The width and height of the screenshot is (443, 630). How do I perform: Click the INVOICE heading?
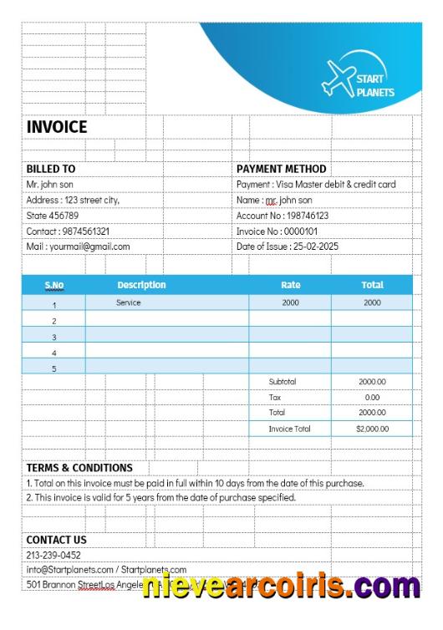coord(57,127)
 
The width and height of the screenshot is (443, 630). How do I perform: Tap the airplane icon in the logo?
coord(339,77)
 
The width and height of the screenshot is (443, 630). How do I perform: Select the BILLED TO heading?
coord(51,169)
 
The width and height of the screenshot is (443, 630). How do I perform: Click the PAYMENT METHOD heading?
coord(282,169)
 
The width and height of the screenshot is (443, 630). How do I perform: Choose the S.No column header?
coord(53,285)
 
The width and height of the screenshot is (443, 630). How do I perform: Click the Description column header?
coord(141,285)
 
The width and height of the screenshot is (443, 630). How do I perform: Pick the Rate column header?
coord(290,285)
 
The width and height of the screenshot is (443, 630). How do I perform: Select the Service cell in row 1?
coord(129,302)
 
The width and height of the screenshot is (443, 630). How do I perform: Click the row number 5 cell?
coord(54,368)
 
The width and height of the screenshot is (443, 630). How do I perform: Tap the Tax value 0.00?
coord(372,397)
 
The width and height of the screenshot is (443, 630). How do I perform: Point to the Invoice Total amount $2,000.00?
coord(372,429)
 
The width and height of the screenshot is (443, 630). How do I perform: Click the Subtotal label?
coord(283,382)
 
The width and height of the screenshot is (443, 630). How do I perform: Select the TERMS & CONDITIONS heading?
coord(79,468)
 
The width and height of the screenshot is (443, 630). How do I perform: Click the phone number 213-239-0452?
coord(54,555)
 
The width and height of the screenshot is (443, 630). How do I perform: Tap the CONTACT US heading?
coord(56,540)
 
